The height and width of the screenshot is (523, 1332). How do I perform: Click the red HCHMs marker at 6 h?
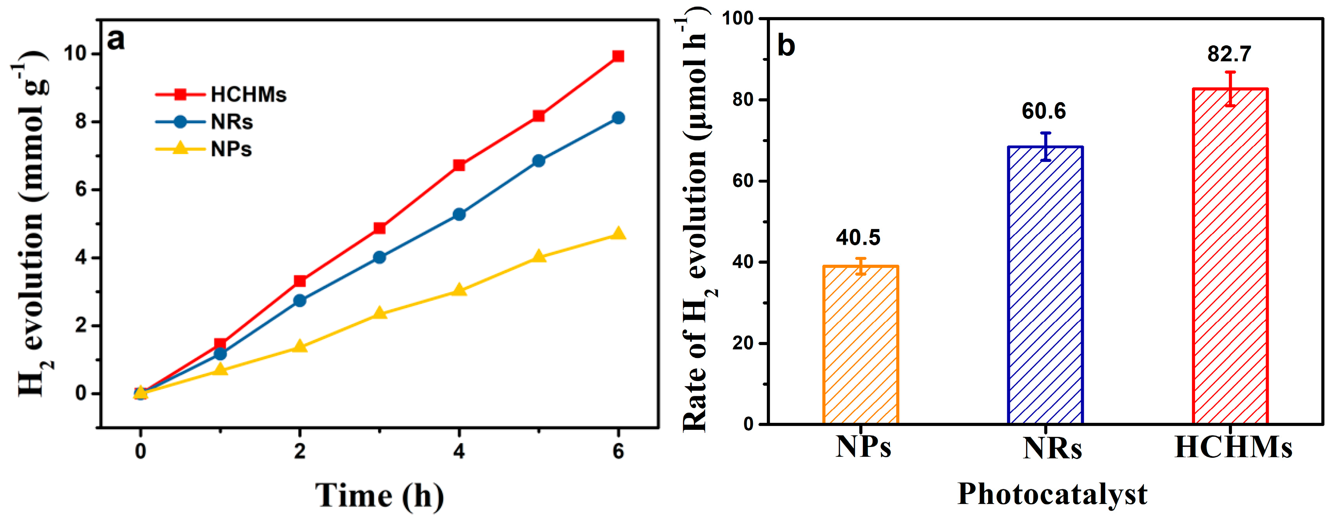(x=618, y=56)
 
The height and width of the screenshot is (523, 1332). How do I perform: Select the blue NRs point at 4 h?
(x=459, y=214)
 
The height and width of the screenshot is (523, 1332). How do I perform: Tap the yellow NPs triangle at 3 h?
(x=379, y=313)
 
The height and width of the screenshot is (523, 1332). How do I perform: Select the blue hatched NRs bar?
(x=1045, y=284)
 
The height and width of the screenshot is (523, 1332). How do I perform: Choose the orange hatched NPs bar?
(x=861, y=344)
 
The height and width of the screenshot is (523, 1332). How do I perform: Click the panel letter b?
(x=786, y=46)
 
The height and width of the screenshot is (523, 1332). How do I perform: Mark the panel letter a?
(x=116, y=40)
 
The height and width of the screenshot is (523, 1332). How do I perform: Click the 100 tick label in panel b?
(x=738, y=18)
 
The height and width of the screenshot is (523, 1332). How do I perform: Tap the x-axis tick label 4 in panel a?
(x=459, y=452)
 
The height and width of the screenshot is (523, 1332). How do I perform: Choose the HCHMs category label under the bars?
(x=1233, y=448)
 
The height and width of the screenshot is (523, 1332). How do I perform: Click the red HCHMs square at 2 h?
(x=300, y=281)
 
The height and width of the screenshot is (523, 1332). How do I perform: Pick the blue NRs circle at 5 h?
(x=538, y=161)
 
